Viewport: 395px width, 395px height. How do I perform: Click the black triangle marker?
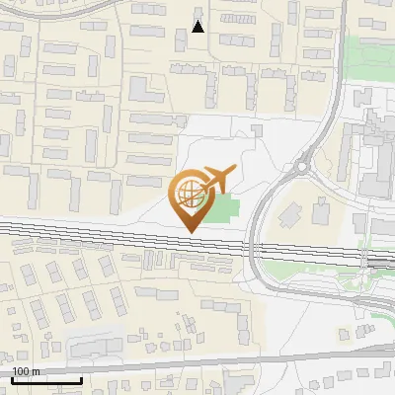click(198, 27)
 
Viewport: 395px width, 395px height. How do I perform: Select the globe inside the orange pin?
click(189, 190)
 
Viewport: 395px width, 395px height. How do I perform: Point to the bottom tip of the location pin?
click(189, 230)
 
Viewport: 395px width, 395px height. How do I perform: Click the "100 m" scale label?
click(26, 371)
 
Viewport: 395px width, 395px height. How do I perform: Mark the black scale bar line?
click(46, 380)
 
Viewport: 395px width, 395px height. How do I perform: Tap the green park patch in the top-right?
click(367, 61)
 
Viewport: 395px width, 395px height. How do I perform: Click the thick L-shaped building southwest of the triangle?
click(143, 94)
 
